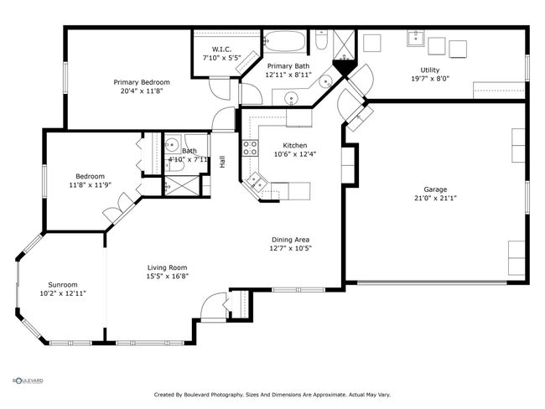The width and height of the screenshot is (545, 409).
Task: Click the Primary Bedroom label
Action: pos(142,82)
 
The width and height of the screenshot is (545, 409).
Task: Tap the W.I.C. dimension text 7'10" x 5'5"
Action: pos(221,58)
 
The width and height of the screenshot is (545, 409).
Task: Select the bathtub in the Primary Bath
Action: pos(284,42)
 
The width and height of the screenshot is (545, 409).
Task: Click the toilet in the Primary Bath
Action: pos(321,39)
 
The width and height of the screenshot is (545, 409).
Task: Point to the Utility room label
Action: pos(430,70)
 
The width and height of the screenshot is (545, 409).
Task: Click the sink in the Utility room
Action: pos(416,38)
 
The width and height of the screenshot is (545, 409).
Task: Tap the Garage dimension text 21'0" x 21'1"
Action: pos(435,198)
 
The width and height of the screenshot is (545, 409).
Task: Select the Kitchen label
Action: pos(295,145)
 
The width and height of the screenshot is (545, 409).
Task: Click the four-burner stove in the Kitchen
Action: pos(250,148)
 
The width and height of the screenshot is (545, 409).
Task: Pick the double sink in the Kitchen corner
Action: pos(257,182)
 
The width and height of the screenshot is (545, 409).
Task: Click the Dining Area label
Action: pos(290,240)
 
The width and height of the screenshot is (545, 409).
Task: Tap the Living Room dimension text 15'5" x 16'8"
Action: pos(168,277)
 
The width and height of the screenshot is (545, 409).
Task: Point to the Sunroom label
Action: pos(63,285)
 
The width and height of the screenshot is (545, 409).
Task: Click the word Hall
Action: pos(222,162)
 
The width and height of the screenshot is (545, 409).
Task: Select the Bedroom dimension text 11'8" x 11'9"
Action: pos(90,185)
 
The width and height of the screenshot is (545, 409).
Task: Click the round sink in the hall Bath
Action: pos(171,144)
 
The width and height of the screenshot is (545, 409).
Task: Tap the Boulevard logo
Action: pos(28,381)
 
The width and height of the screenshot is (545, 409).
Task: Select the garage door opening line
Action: pos(432,282)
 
